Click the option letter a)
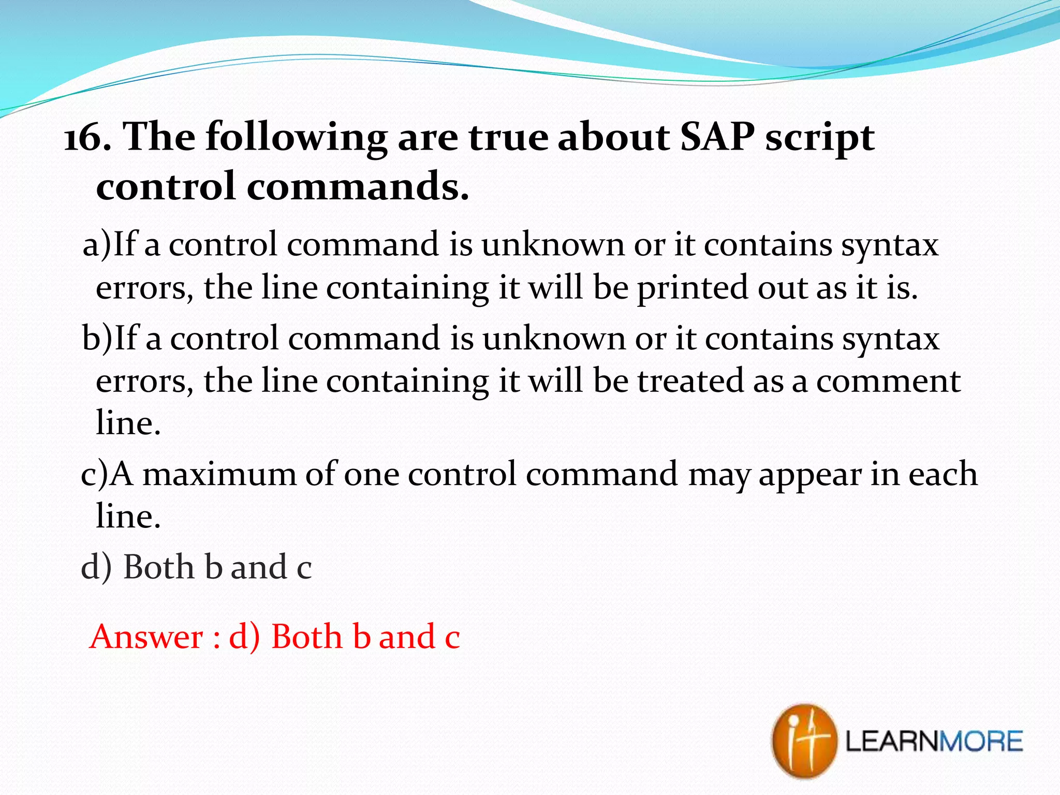[97, 244]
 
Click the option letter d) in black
[96, 567]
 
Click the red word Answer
[146, 637]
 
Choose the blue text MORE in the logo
[981, 742]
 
